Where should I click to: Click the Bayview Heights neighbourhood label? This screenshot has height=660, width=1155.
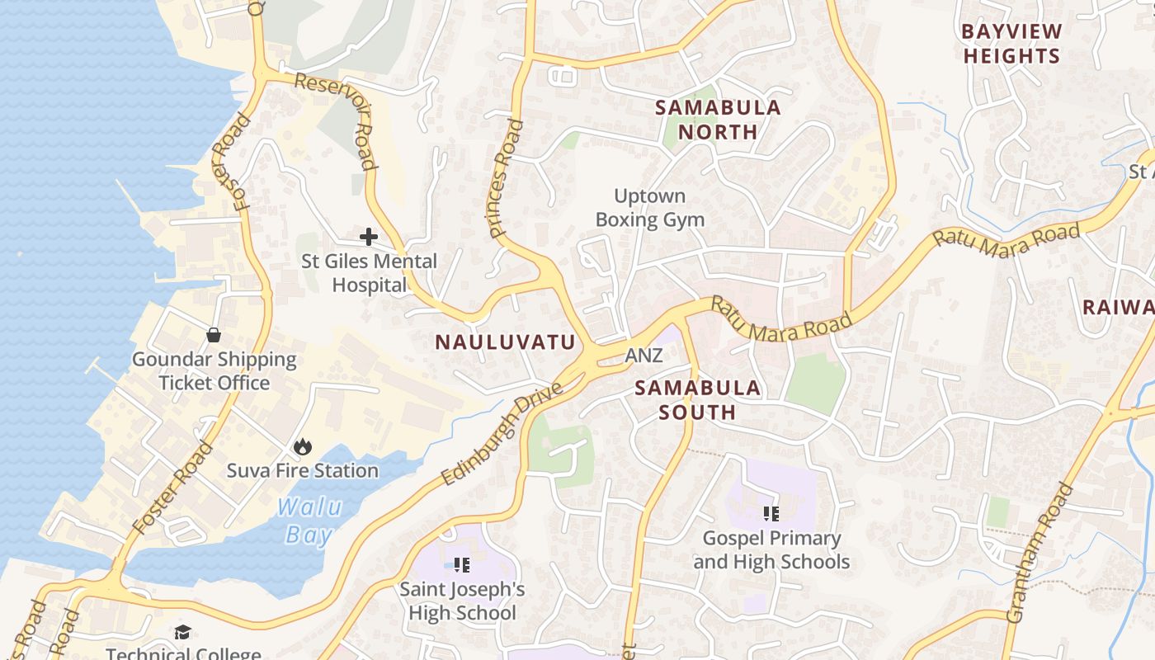click(1011, 44)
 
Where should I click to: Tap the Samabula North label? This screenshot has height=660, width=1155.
click(718, 120)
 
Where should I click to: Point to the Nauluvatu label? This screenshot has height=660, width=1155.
click(505, 342)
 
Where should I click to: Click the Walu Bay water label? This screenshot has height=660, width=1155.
click(309, 521)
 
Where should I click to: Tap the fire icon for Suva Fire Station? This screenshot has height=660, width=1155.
click(303, 446)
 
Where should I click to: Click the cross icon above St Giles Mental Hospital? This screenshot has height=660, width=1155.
click(369, 237)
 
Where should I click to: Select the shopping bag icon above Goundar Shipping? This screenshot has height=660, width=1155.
click(214, 334)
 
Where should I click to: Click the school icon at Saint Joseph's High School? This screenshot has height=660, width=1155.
click(462, 565)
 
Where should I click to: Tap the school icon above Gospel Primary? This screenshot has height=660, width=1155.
click(771, 514)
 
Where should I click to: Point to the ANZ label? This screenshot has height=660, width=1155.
click(643, 356)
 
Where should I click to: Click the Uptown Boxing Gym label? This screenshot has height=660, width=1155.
click(650, 208)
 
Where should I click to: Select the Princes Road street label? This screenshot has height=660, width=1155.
click(505, 179)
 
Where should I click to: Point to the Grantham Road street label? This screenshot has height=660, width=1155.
click(1039, 552)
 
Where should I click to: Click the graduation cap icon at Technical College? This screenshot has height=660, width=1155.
click(182, 632)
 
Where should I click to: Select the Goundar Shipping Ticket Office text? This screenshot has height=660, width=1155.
click(214, 371)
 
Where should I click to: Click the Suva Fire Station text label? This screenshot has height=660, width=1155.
click(303, 470)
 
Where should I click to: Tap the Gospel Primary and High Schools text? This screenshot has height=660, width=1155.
click(771, 550)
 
